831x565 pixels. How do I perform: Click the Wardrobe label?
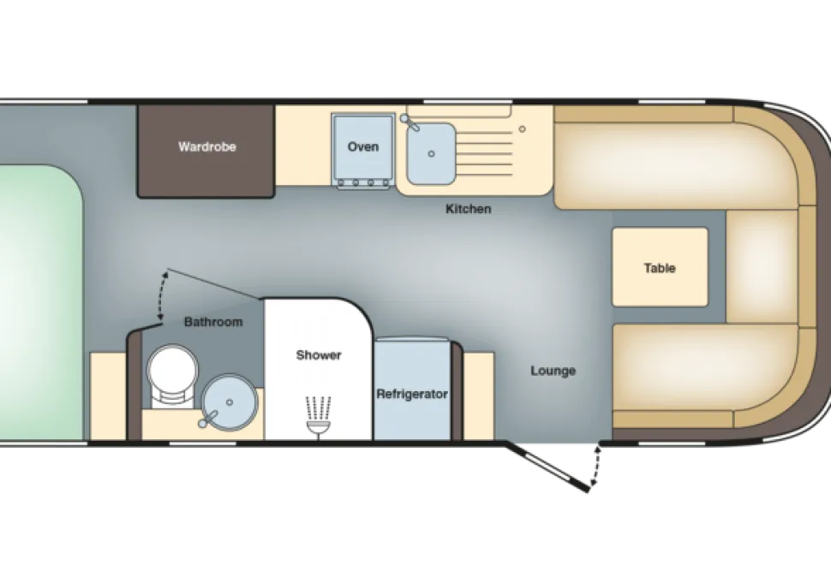pos(206,146)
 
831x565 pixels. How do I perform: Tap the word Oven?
pos(363,146)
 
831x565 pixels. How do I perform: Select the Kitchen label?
pos(468,209)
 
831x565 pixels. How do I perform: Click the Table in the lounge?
pos(660,267)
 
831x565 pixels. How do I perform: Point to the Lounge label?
pos(553,371)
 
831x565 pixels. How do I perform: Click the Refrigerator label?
pos(412,394)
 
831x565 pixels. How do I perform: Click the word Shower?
pos(319,354)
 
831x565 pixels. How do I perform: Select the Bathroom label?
pos(213,322)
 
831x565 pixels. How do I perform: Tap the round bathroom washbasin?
pos(230,402)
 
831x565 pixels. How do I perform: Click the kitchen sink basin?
pos(431,153)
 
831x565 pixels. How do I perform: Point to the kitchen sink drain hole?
pos(432,153)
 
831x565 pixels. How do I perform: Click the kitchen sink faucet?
pos(410,122)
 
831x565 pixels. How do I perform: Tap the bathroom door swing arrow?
pos(162,295)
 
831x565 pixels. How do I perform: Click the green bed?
pos(41,302)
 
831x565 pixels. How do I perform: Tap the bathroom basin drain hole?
pos(230,402)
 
